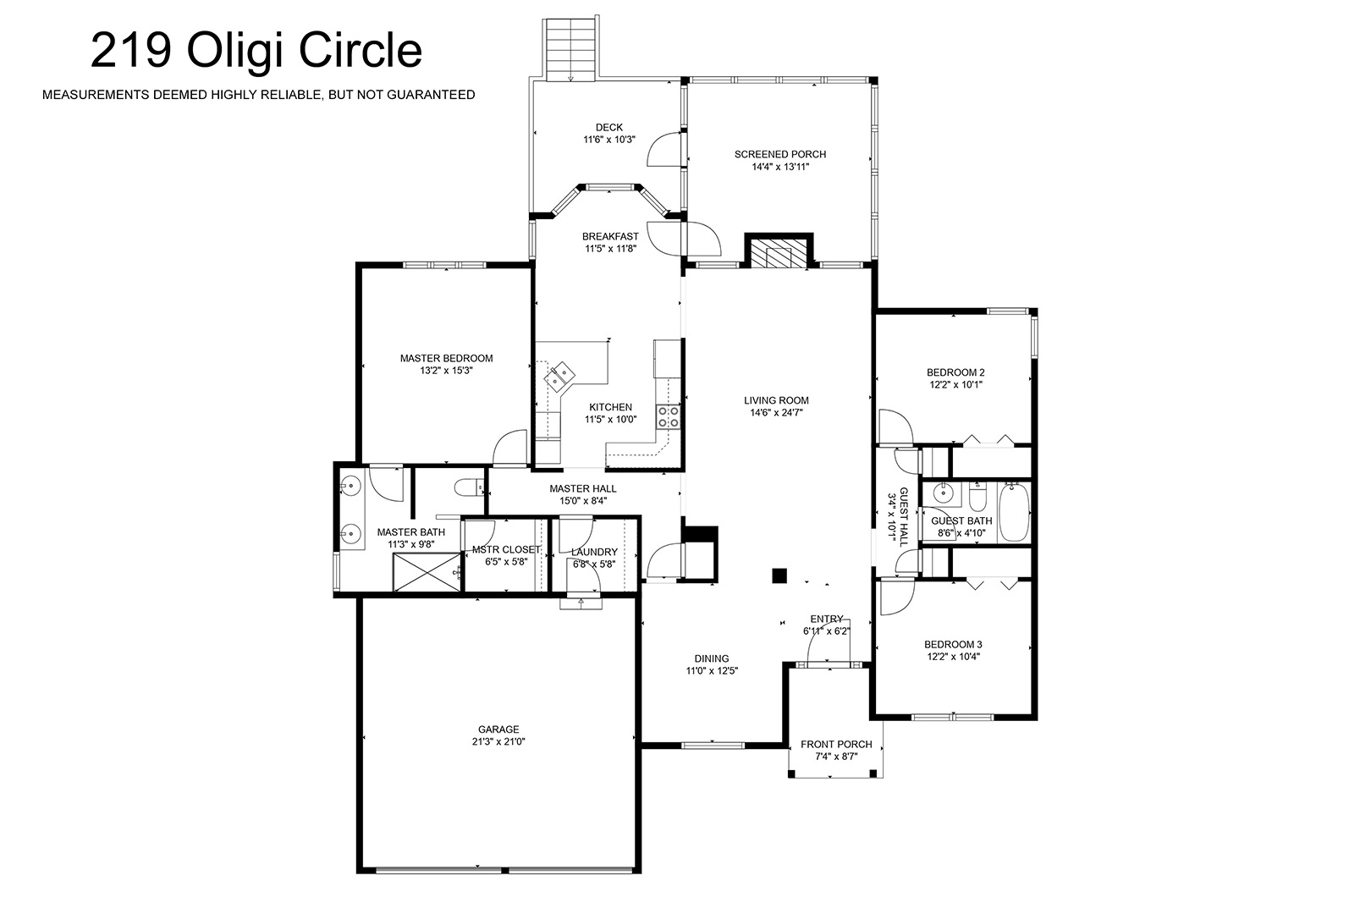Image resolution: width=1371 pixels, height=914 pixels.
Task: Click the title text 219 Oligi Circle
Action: click(256, 51)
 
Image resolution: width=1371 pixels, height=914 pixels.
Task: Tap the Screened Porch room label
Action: click(780, 154)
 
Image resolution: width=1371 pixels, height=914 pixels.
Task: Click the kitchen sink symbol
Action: click(560, 377)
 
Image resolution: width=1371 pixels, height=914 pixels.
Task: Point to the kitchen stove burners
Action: click(668, 416)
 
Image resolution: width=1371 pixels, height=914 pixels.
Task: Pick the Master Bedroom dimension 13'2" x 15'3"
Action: click(446, 371)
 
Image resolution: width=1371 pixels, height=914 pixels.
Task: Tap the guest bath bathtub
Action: click(1014, 512)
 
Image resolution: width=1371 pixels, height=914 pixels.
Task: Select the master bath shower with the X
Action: click(427, 572)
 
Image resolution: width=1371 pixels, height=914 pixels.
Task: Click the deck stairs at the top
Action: click(570, 50)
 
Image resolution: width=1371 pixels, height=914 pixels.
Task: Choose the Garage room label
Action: click(498, 730)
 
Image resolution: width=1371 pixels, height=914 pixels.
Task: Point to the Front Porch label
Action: click(836, 745)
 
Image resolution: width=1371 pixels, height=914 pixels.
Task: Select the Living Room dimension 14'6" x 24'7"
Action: click(776, 413)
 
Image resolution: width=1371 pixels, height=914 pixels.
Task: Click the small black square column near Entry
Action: click(779, 575)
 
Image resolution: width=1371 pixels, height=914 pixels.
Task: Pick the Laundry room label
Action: click(594, 552)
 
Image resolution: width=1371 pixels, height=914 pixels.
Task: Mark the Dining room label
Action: click(712, 658)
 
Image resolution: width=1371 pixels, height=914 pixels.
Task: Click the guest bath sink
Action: click(944, 492)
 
